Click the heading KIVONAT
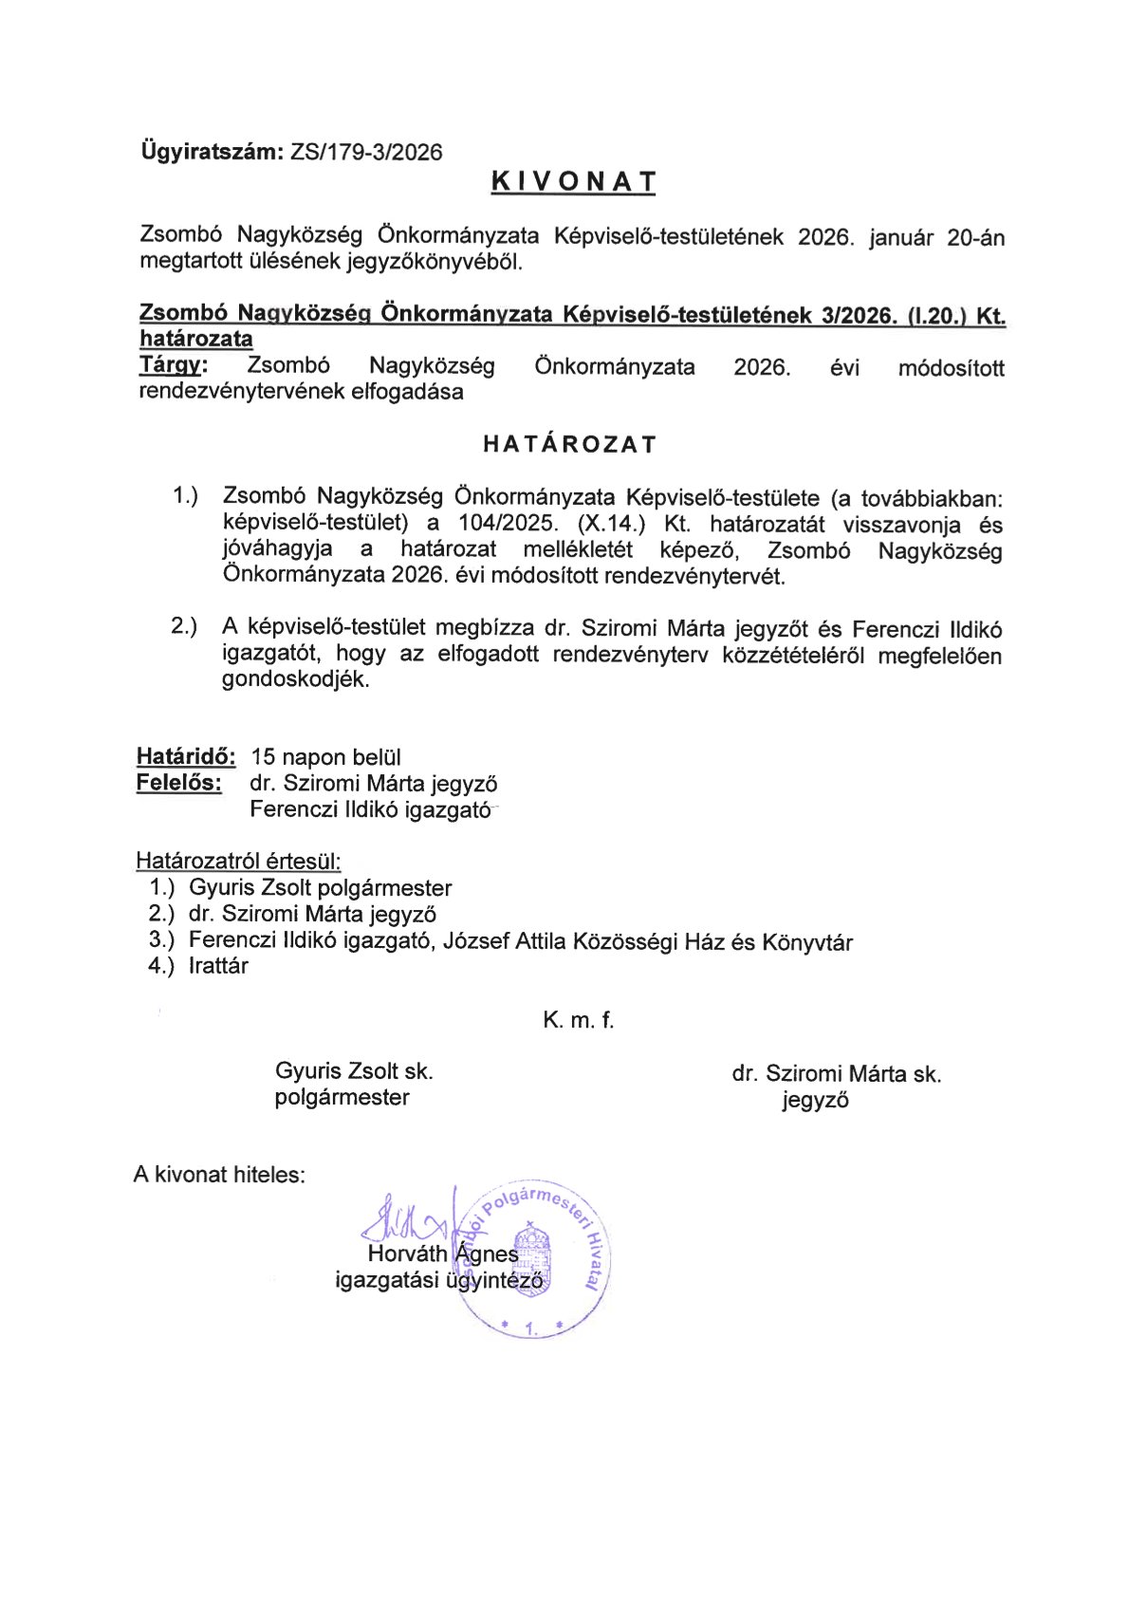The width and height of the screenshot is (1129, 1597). point(573,182)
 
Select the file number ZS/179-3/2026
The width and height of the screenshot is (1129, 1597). point(366,152)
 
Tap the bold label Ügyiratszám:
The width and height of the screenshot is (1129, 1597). point(212,151)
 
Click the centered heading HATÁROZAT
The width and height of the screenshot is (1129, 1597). point(569,444)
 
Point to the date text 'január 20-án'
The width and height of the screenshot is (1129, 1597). point(937,237)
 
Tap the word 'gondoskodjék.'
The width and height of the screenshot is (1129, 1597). point(295,679)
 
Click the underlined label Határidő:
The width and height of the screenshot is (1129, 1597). point(186,756)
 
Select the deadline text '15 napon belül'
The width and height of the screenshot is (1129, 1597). point(325,757)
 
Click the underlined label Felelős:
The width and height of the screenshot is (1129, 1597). point(179,783)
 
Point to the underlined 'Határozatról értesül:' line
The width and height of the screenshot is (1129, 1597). point(238,861)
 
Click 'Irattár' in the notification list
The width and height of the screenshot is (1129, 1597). point(218,966)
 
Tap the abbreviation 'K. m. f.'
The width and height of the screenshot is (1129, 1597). point(578,1020)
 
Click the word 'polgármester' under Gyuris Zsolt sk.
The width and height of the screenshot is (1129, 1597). point(342,1097)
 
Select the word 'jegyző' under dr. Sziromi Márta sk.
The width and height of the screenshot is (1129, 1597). point(815,1100)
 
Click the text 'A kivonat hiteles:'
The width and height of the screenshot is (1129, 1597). point(219,1174)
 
